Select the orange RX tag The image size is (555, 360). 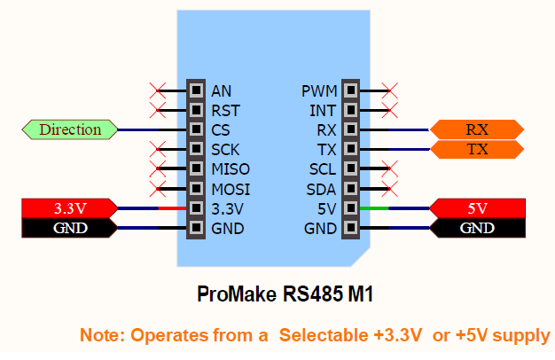(x=477, y=129)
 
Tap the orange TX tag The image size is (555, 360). (x=477, y=149)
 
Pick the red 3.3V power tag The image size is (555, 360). (x=67, y=209)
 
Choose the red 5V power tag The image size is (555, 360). (x=477, y=209)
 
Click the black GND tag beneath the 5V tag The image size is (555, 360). (x=477, y=228)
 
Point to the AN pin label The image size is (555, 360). (x=221, y=90)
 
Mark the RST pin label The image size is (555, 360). (x=225, y=111)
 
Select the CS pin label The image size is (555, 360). (x=221, y=130)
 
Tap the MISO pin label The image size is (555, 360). (x=231, y=169)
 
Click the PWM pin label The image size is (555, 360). (x=318, y=90)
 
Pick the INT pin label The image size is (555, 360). (x=324, y=111)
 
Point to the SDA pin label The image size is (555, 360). (x=321, y=189)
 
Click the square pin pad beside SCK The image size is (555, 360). (x=195, y=150)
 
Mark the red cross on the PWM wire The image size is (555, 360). (x=388, y=90)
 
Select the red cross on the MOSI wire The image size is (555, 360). (x=158, y=189)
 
